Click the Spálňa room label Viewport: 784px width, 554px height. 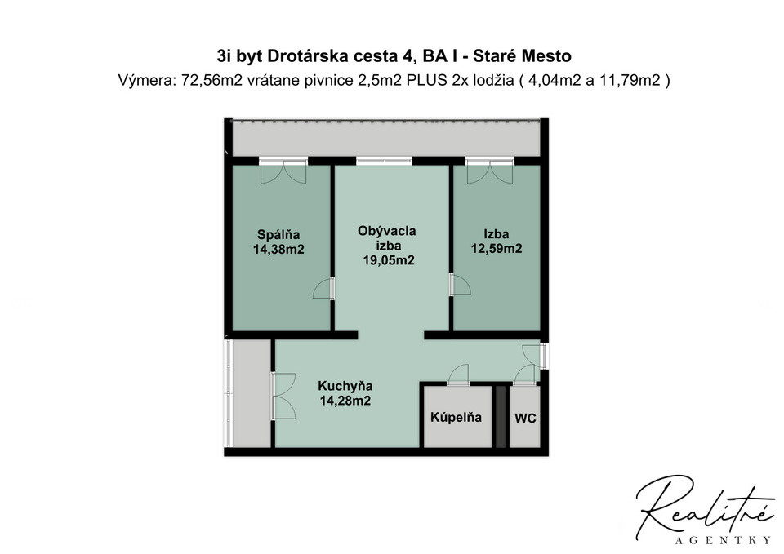click(278, 234)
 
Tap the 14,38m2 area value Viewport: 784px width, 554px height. click(278, 250)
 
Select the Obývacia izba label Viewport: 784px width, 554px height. click(387, 238)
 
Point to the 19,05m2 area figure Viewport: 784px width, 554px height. click(389, 260)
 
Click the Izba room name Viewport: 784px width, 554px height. click(497, 234)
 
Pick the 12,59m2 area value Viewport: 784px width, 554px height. click(497, 249)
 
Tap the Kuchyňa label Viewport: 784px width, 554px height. click(345, 386)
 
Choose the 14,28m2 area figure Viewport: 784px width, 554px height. click(345, 401)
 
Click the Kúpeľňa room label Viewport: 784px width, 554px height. click(456, 417)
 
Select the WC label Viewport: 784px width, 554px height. click(525, 419)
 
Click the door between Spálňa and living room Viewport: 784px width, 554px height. click(324, 288)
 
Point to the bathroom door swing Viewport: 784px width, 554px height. click(458, 375)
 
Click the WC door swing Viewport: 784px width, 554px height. click(525, 375)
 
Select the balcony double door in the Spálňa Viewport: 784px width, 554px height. click(283, 171)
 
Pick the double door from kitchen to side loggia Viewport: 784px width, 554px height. click(283, 397)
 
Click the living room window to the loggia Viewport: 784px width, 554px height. click(384, 161)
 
